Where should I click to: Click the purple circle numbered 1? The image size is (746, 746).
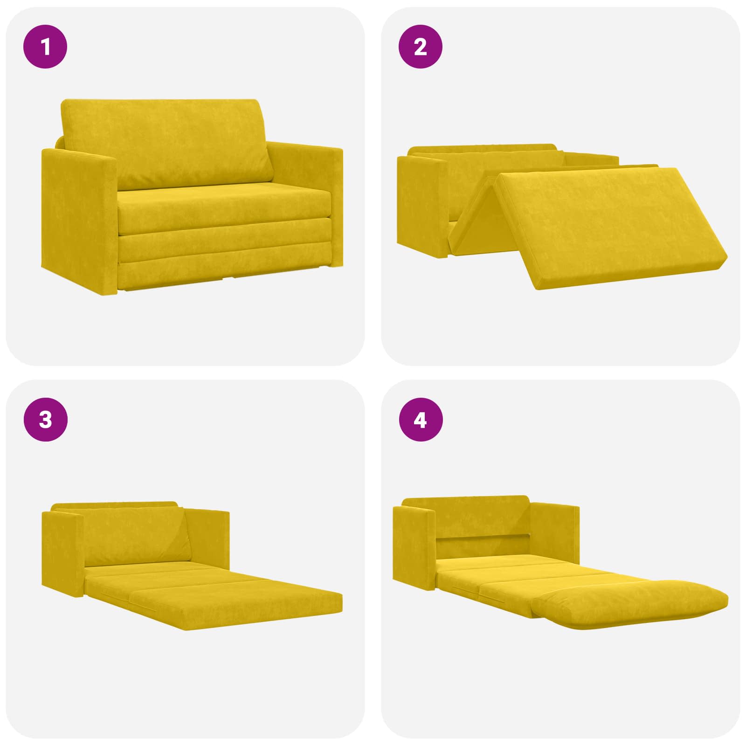pyautogui.click(x=45, y=47)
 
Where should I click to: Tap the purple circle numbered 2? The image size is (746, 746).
pyautogui.click(x=421, y=47)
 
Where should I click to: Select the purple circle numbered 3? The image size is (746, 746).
pyautogui.click(x=45, y=420)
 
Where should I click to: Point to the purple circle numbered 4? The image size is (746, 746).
pyautogui.click(x=421, y=420)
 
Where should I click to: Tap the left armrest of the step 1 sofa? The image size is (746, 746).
pyautogui.click(x=79, y=219)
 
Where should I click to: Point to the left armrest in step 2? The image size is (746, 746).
pyautogui.click(x=422, y=205)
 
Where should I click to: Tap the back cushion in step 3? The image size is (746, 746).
pyautogui.click(x=135, y=536)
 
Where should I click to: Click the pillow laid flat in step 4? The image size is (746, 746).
pyautogui.click(x=629, y=604)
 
